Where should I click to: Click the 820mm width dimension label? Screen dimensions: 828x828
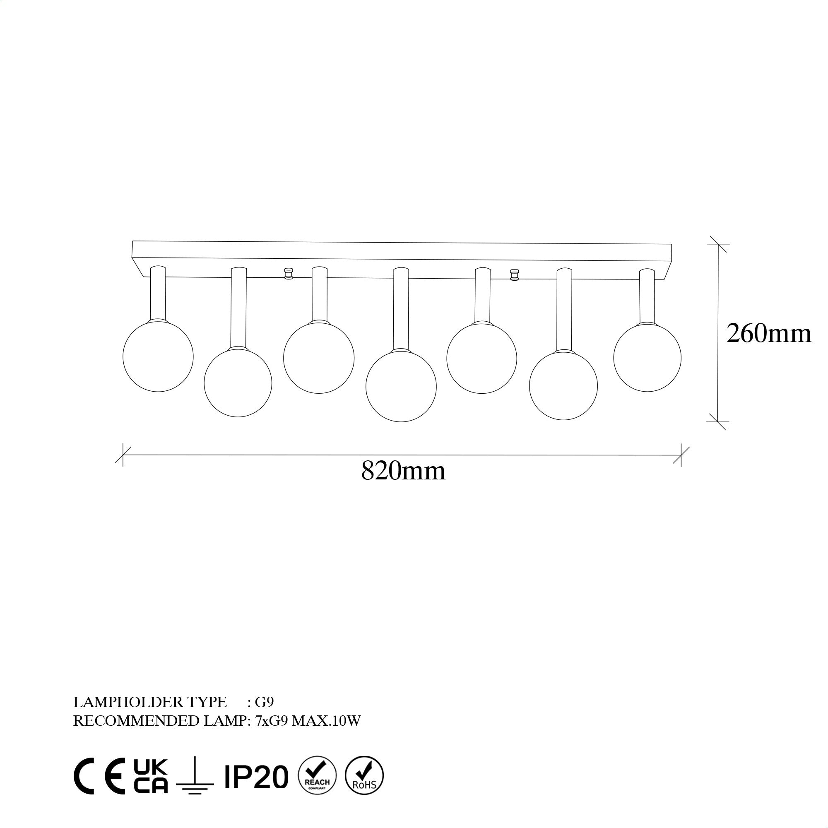tap(403, 471)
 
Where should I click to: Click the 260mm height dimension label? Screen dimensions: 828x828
tap(769, 333)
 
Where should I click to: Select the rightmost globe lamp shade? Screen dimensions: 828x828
tap(647, 357)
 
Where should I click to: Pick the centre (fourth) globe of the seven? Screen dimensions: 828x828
tap(401, 386)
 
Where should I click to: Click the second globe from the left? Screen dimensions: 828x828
tap(238, 382)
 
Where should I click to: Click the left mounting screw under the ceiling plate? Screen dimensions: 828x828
tap(289, 273)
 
